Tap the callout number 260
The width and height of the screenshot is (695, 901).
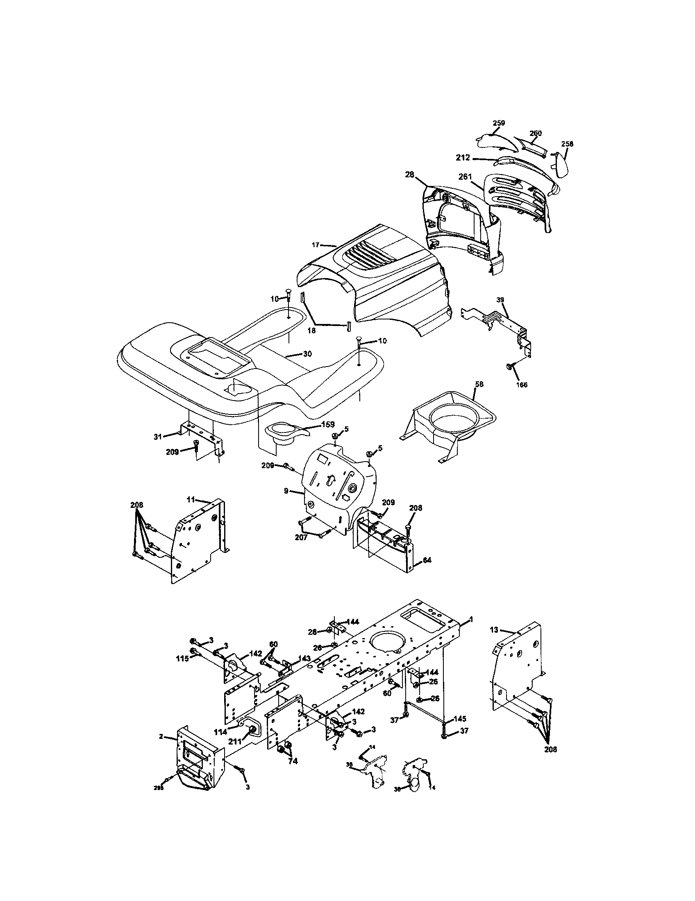click(535, 133)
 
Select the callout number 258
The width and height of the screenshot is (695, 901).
click(567, 144)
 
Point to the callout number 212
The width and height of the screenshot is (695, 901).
click(463, 158)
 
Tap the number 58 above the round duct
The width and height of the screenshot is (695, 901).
click(479, 384)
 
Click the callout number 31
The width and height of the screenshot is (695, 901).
click(157, 437)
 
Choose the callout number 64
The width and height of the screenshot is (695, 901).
click(427, 560)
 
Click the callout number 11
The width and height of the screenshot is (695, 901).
click(191, 500)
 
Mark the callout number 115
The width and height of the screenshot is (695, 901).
click(182, 659)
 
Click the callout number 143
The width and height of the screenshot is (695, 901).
click(305, 659)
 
